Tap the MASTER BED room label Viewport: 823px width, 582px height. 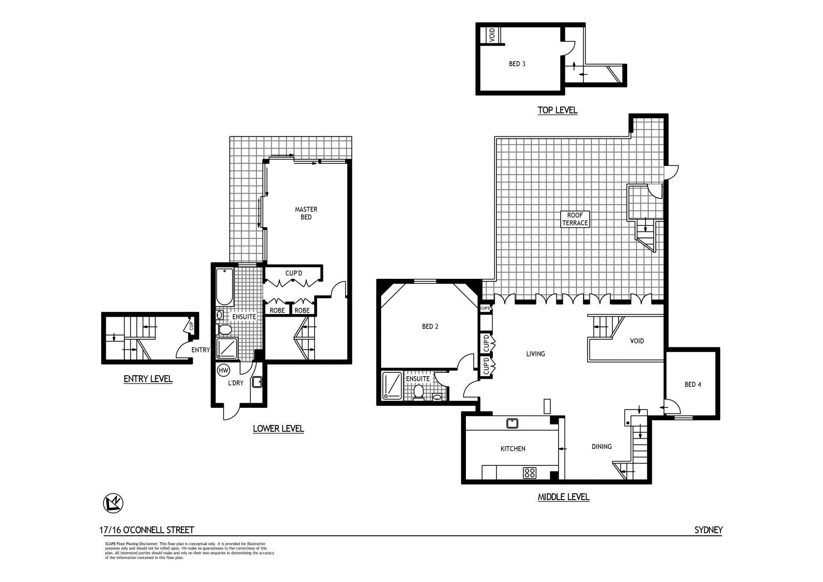coord(306,213)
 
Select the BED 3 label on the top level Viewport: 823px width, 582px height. coord(517,64)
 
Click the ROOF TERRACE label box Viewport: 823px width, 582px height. coord(575,219)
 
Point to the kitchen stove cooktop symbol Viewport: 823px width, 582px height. coord(530,473)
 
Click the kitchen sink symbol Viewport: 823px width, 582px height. coord(511,423)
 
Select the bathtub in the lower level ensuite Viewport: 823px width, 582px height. coord(224,286)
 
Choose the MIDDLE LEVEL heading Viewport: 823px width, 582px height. coord(563,497)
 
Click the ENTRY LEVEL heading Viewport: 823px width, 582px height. coord(148,379)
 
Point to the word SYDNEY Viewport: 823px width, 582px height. coord(708,530)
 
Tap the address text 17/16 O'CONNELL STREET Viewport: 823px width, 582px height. coord(147,530)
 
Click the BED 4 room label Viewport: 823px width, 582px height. coord(693,385)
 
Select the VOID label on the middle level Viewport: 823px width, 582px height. coord(637,341)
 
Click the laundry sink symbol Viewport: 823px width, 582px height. coord(257,382)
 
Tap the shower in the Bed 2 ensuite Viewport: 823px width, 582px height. coord(392,386)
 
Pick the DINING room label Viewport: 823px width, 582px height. coord(601,446)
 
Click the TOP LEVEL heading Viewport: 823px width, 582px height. coord(557,110)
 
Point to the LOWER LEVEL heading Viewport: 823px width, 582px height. coord(278,428)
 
